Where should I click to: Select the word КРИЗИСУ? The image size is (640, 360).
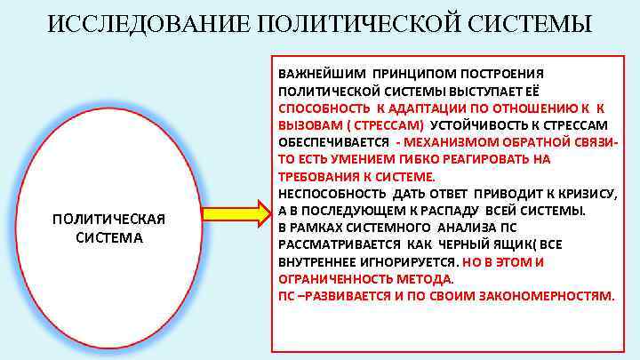(x=583, y=194)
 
